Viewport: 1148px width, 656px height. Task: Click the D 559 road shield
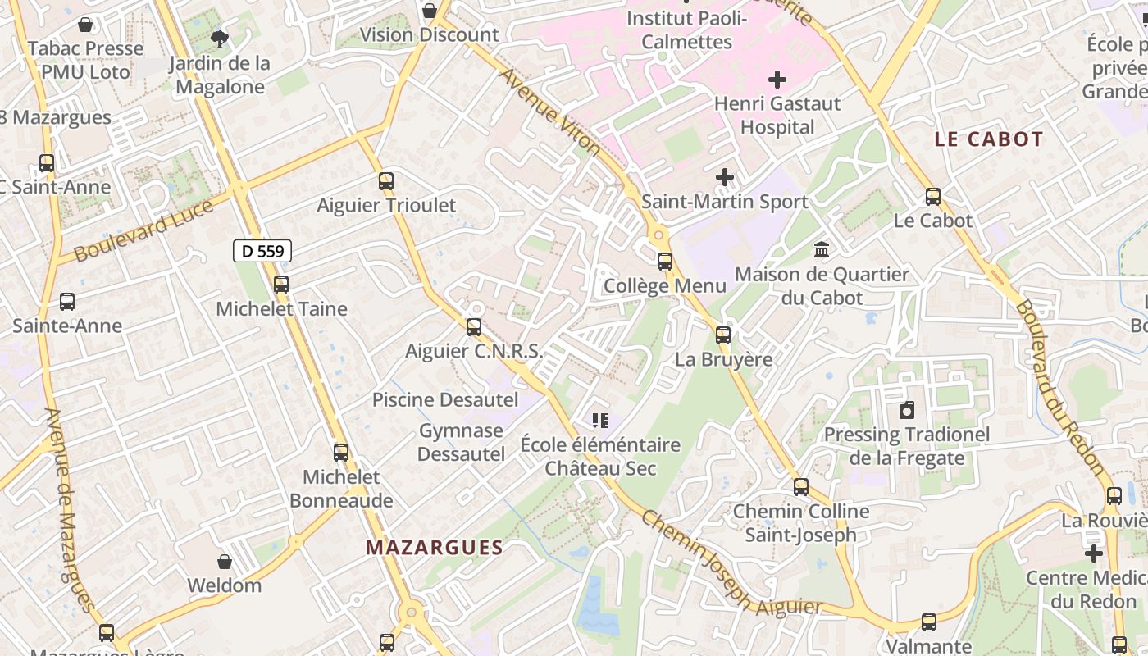click(262, 251)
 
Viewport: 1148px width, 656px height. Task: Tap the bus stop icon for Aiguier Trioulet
click(386, 181)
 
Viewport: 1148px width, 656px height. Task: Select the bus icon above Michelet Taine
click(281, 285)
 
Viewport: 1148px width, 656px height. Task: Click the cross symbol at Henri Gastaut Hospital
click(777, 80)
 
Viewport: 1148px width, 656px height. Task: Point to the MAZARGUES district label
click(434, 547)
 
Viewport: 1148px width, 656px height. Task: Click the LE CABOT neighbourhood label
click(989, 139)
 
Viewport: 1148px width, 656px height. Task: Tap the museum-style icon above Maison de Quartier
click(821, 249)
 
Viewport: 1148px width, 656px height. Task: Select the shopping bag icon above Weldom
click(225, 562)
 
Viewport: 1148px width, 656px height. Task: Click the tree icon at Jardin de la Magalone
click(219, 39)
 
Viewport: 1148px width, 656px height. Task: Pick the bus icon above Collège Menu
click(665, 262)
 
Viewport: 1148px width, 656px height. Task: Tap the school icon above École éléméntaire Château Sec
click(600, 421)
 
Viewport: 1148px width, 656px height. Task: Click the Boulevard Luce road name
click(143, 231)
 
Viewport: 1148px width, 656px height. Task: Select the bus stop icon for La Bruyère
click(723, 335)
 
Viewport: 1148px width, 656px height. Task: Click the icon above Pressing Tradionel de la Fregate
click(907, 410)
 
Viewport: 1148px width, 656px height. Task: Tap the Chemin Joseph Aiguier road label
click(730, 566)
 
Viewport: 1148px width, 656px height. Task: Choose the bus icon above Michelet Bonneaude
click(341, 453)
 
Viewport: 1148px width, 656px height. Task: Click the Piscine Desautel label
click(445, 400)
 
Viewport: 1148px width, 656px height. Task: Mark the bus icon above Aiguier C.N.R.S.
click(474, 327)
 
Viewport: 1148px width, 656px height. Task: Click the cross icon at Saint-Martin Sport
click(725, 177)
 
